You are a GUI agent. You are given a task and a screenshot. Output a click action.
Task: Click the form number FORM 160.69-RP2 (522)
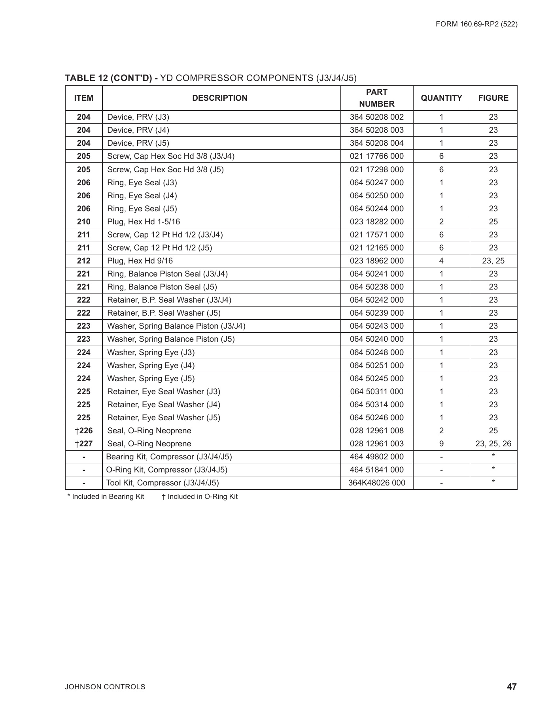[476, 24]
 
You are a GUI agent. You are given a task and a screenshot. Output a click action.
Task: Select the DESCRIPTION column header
[219, 98]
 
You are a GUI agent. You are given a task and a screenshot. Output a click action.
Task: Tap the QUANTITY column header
[441, 98]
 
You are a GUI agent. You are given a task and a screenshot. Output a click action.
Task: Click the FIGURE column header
[493, 98]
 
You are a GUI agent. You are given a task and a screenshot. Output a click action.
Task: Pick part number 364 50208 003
[376, 130]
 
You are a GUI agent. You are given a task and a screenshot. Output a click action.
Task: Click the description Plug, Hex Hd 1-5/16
[144, 222]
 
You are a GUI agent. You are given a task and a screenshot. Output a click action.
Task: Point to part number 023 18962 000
[376, 261]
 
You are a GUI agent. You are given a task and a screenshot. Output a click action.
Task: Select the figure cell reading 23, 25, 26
[493, 444]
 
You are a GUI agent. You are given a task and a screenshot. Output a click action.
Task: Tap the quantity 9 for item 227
[441, 444]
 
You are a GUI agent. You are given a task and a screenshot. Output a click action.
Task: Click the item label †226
[83, 431]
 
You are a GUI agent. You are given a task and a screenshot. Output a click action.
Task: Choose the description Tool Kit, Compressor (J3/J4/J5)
[162, 483]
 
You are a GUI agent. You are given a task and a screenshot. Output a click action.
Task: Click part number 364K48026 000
[376, 483]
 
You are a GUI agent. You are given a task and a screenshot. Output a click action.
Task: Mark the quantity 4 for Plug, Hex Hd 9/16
[441, 261]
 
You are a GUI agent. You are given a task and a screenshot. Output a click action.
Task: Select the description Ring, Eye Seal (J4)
[142, 196]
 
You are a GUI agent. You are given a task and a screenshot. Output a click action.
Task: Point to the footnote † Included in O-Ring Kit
[200, 497]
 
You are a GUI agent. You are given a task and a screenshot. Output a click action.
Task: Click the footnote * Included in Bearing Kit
[106, 497]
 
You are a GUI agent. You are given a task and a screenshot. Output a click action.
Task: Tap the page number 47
[512, 687]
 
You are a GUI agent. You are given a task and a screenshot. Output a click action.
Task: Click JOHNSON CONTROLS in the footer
[105, 687]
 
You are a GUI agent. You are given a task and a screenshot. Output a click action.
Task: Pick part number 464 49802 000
[376, 457]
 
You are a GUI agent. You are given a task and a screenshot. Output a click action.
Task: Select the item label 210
[83, 222]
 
